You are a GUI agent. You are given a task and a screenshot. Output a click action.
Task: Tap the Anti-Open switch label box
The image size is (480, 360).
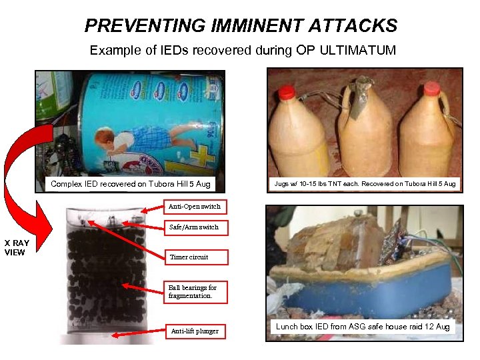tap(194, 206)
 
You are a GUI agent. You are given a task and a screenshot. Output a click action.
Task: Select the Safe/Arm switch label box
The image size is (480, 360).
tap(193, 227)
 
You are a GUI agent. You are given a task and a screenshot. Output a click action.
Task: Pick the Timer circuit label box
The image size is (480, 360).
tap(189, 257)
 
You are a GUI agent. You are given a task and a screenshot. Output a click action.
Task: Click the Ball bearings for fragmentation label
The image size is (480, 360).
tap(193, 291)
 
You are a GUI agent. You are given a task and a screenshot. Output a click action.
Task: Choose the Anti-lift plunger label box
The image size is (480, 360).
tap(195, 331)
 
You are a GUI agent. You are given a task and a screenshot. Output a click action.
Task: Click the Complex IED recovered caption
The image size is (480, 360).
tap(130, 183)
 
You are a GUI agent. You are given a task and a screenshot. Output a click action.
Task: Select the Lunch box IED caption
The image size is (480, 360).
tap(363, 326)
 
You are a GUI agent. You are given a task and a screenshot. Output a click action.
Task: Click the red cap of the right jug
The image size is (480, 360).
tap(431, 88)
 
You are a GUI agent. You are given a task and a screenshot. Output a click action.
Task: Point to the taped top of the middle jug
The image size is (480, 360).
tap(365, 85)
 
